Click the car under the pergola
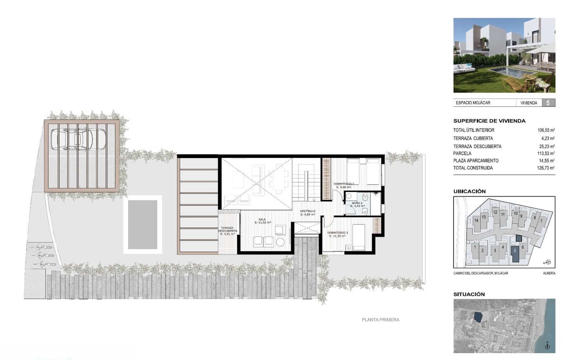[78, 139]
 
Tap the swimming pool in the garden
[142, 225]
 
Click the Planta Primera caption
[380, 320]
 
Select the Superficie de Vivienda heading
[489, 121]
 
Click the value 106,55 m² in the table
[546, 130]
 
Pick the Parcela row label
[462, 153]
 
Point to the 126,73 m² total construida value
[546, 168]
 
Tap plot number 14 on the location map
[476, 220]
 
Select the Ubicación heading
[469, 191]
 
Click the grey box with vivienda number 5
[548, 103]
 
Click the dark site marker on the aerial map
[478, 317]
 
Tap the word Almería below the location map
[549, 273]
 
